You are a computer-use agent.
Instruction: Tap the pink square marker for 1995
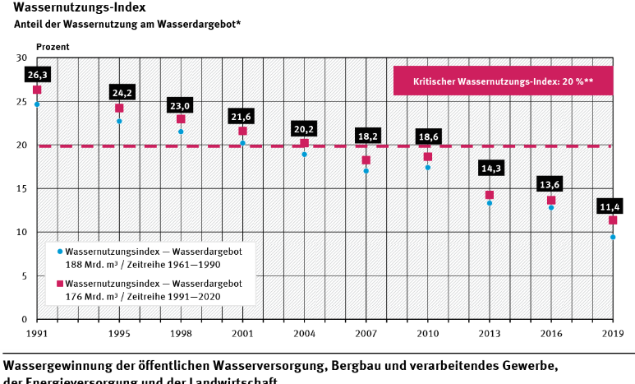119,108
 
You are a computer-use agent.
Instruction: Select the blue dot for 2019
613,237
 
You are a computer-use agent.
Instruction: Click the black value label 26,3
37,75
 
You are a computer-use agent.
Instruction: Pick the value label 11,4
613,205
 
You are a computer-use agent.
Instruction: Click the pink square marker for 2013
490,195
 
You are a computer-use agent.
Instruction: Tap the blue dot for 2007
366,171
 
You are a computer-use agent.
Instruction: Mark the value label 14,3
490,169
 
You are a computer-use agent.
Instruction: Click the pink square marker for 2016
551,201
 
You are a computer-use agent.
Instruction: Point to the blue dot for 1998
181,132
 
